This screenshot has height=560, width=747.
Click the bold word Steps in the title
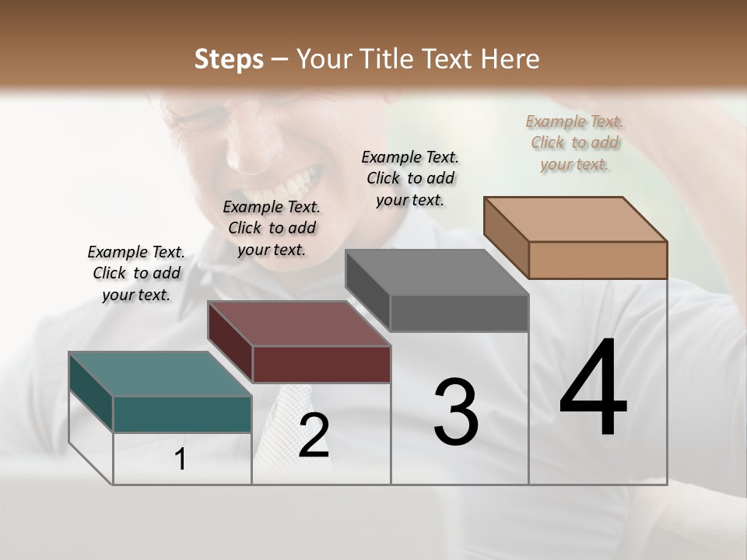point(229,59)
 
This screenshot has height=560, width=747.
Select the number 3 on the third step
point(456,412)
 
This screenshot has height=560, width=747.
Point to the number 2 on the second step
point(314,436)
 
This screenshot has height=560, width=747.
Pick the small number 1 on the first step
point(181,459)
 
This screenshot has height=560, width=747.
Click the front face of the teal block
point(182,414)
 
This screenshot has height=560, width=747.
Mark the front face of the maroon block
point(321,364)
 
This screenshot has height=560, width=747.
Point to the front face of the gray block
point(459,313)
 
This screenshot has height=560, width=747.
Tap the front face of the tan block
point(598,260)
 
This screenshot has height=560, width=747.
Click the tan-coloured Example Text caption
point(574,143)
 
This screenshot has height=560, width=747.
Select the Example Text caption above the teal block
point(136,274)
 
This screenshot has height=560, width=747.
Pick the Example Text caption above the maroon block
point(272,229)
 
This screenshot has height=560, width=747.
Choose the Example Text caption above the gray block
point(410,179)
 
